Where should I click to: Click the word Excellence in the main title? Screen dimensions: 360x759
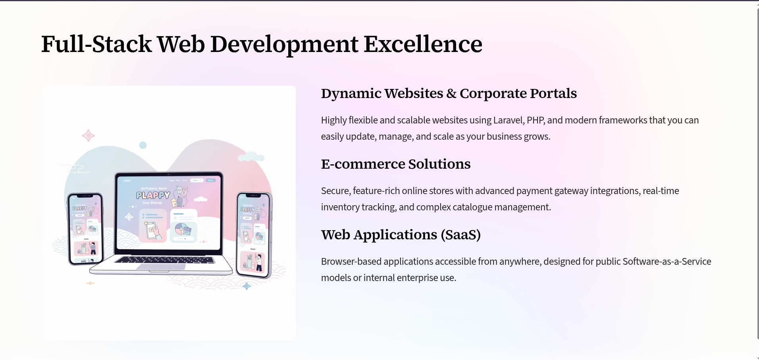click(x=423, y=44)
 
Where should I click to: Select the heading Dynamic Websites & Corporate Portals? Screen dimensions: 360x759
click(x=449, y=94)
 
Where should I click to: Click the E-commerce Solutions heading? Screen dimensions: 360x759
click(x=395, y=164)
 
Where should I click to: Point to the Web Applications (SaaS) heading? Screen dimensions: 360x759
click(x=401, y=235)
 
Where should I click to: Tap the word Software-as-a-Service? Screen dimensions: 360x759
click(x=667, y=262)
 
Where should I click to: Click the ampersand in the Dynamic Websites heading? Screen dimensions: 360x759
click(x=451, y=94)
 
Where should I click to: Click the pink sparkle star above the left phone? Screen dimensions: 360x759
click(x=88, y=136)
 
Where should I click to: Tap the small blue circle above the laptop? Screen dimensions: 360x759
click(x=143, y=145)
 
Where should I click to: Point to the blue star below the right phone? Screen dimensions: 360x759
click(x=247, y=286)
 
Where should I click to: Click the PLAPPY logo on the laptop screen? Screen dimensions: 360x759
click(x=153, y=195)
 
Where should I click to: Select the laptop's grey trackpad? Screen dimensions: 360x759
click(x=161, y=267)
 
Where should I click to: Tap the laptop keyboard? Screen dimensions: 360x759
click(x=165, y=260)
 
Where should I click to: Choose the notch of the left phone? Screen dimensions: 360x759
click(x=85, y=196)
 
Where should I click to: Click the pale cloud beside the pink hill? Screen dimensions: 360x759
click(x=251, y=157)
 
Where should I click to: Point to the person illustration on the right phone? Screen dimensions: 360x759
click(x=259, y=262)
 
